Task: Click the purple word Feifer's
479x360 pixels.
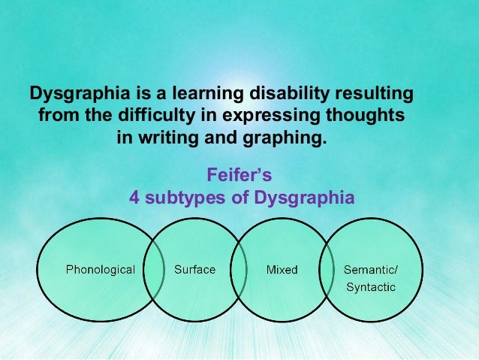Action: (x=239, y=176)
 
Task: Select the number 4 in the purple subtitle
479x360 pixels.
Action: (x=135, y=198)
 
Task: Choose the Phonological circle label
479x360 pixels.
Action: (x=101, y=269)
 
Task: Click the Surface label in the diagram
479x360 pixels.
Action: (x=194, y=269)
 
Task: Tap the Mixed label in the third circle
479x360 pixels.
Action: (x=282, y=269)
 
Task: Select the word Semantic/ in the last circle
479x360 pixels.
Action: (x=371, y=269)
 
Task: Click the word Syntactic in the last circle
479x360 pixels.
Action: (x=371, y=287)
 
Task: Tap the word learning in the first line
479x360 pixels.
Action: (x=198, y=96)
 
